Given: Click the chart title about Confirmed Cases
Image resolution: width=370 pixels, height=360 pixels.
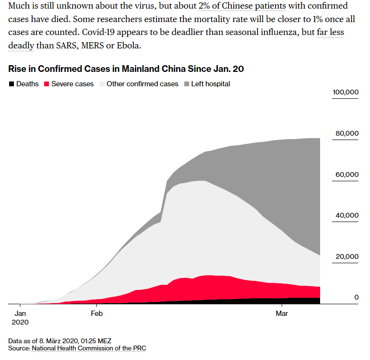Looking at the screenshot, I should click(126, 69).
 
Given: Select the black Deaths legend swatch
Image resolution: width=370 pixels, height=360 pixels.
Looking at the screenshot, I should click(12, 84).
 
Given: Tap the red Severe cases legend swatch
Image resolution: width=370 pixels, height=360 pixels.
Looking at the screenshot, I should click(47, 84).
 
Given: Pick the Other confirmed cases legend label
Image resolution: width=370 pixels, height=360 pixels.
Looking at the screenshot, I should click(142, 84).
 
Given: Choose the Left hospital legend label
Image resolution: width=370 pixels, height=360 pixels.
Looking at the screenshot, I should click(210, 84).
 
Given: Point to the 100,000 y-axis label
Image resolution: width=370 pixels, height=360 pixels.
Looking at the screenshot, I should click(345, 92).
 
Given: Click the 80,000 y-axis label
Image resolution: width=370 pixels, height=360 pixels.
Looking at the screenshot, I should click(346, 133).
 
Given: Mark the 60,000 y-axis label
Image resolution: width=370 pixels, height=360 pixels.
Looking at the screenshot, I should click(346, 174).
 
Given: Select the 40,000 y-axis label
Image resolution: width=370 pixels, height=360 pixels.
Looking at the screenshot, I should click(346, 215).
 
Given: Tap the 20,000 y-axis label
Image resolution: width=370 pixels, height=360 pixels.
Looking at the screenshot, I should click(346, 256).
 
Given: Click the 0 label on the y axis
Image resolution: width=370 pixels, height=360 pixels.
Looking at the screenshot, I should click(356, 298).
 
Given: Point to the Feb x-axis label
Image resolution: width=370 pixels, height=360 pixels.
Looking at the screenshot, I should click(96, 314).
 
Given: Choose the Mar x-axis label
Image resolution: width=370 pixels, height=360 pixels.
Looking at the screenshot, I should click(282, 314).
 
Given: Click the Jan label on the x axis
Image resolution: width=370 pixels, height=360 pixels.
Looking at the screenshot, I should click(20, 314).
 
